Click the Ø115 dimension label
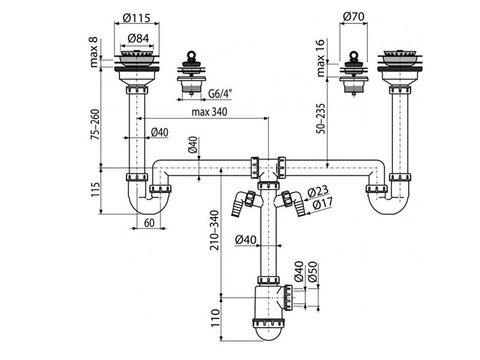click(137, 18)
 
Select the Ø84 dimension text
click(139, 38)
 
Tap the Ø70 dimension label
click(354, 16)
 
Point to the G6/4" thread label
click(220, 94)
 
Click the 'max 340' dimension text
click(209, 112)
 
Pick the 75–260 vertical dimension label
click(95, 125)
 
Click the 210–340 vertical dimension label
click(215, 230)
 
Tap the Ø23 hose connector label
click(318, 191)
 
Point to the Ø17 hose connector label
click(321, 204)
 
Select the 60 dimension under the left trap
click(149, 223)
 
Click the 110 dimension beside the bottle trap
click(215, 318)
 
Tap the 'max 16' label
click(320, 58)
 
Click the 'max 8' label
click(94, 52)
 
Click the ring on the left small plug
click(192, 55)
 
